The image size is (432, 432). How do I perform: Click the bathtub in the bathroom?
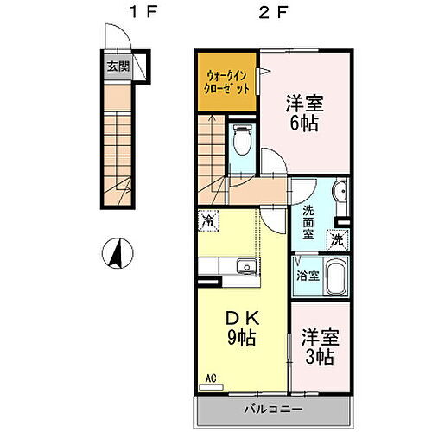point(335,276)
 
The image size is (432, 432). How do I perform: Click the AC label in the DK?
point(211,378)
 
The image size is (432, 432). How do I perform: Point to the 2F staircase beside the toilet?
point(213,147)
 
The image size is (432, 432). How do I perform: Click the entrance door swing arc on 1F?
point(113,38)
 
